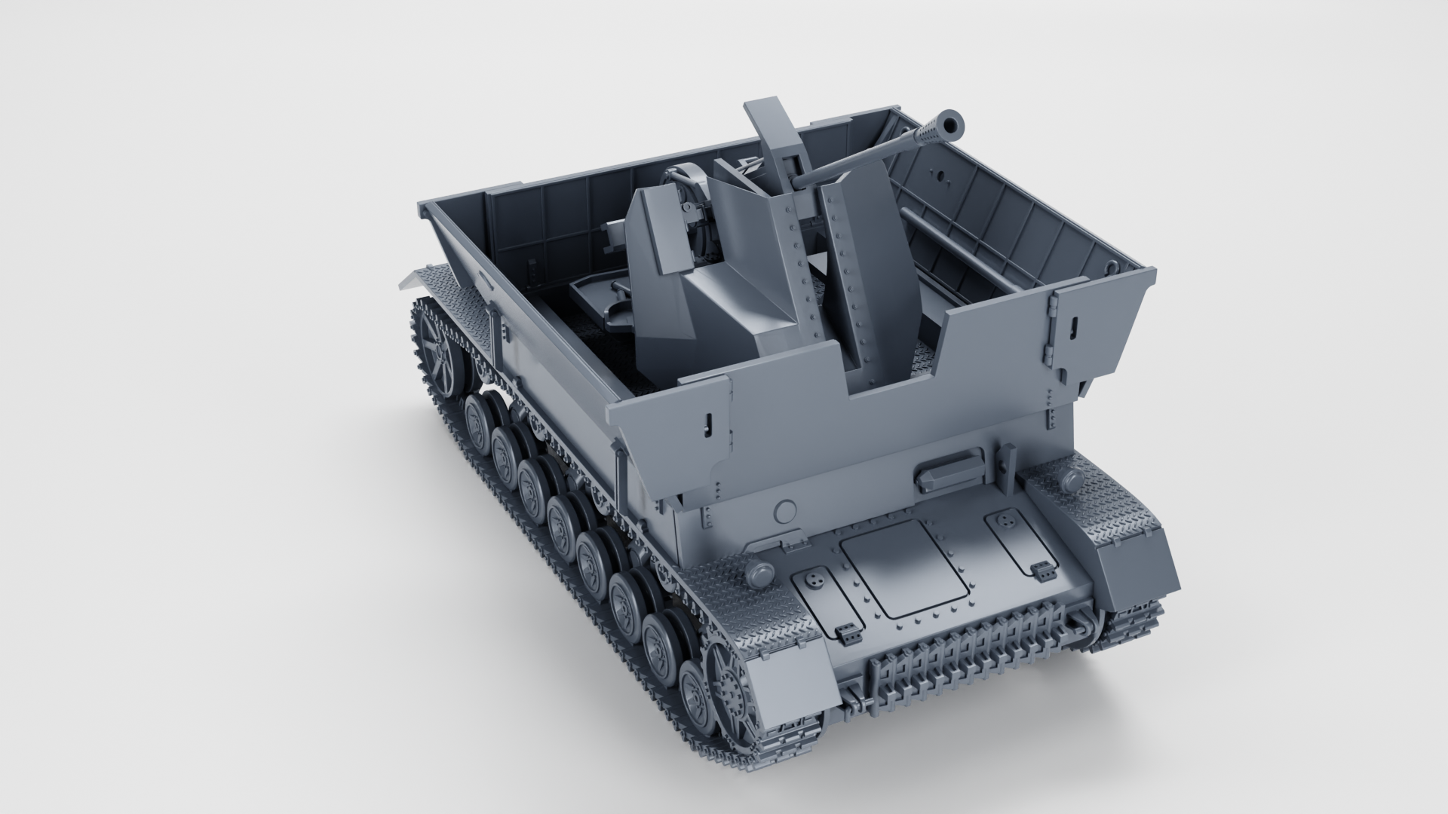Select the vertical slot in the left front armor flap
click(x=707, y=425)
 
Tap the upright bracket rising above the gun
click(x=769, y=128)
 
